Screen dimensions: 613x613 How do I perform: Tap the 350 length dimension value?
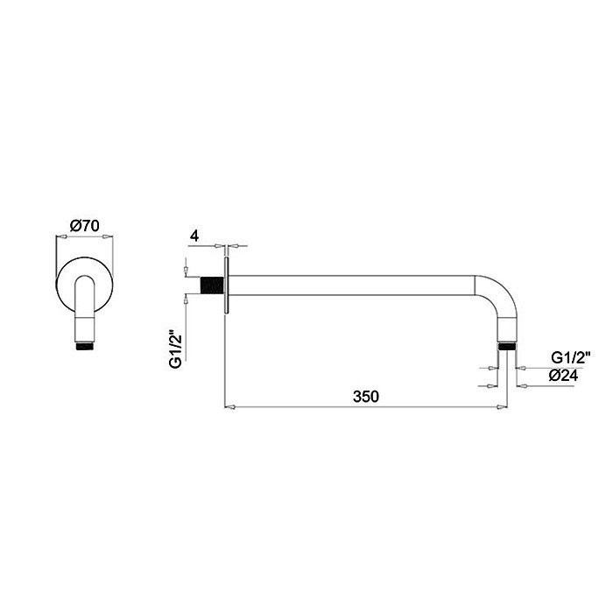pos(366,397)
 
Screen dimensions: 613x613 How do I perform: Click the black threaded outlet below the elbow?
pos(504,347)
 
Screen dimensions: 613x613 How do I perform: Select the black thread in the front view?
pos(85,346)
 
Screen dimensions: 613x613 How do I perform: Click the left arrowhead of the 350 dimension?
pos(229,405)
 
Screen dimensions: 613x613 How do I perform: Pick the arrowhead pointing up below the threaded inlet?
pos(187,300)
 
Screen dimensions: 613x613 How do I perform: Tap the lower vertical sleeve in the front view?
pos(85,320)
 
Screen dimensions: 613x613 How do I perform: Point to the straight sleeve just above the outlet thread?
pos(504,335)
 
